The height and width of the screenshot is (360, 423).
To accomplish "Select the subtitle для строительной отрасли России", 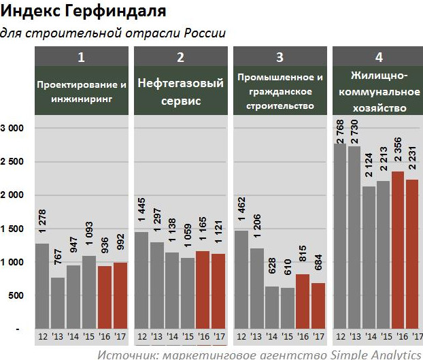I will pos(113,33).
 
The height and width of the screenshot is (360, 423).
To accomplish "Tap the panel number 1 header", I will pos(82,57).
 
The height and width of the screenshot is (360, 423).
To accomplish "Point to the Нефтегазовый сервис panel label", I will pos(180,92).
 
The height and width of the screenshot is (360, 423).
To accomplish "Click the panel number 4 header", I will pos(378,57).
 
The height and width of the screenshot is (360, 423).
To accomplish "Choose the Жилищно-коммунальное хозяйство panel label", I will pos(378,92).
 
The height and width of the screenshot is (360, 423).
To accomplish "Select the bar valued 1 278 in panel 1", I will pos(42,286).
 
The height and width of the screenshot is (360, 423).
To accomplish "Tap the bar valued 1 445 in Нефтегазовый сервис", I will pos(141,280).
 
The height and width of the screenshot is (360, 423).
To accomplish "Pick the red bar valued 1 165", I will pos(203,289).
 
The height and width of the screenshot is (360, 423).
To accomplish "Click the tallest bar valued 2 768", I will pos(340,235).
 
